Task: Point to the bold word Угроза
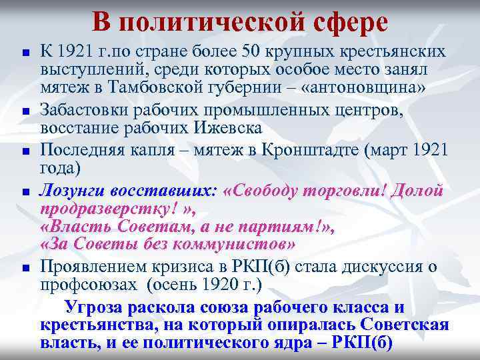93,307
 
